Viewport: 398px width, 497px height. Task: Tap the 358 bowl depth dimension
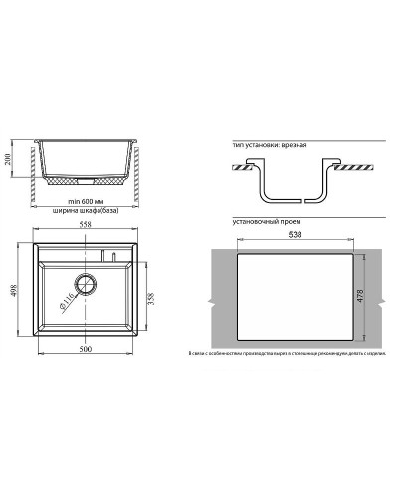coord(152,297)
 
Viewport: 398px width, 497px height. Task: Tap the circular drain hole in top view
coord(86,285)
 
